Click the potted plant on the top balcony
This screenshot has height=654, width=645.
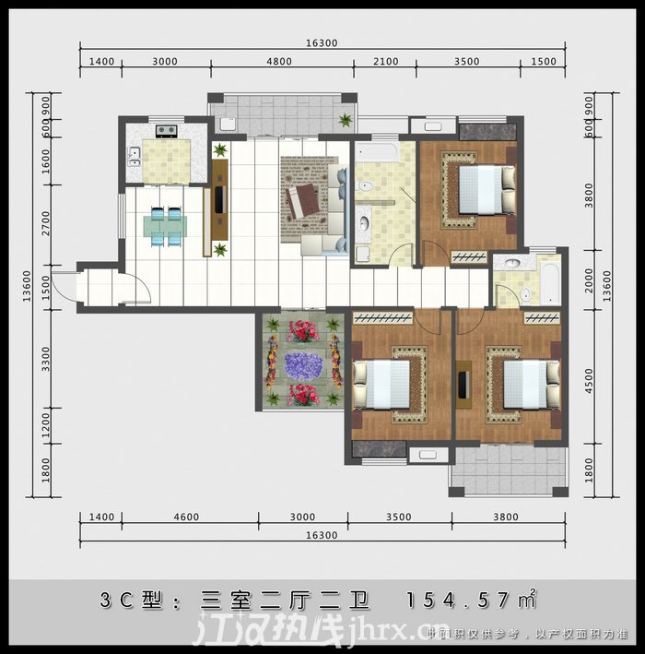point(345,120)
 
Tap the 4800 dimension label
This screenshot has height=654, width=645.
point(278,62)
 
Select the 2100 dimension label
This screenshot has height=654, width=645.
point(385,62)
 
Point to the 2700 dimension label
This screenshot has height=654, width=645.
point(47,223)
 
